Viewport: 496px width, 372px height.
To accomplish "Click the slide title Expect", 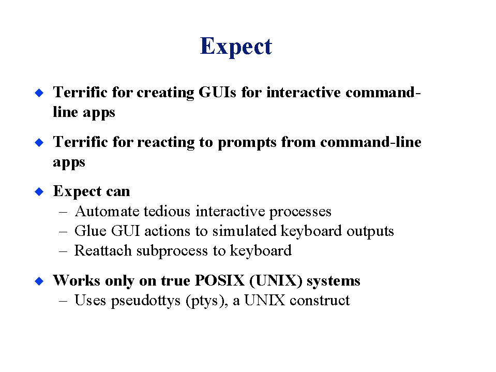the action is click(x=236, y=47).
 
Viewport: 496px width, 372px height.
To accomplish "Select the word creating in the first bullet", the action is click(x=166, y=93).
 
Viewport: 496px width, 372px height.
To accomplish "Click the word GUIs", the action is click(x=217, y=92).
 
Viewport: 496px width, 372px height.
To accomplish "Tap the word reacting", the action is click(x=166, y=142).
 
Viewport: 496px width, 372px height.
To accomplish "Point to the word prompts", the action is click(x=247, y=143).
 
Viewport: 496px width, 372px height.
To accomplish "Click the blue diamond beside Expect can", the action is click(x=39, y=191).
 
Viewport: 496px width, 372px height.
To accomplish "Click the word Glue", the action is click(x=91, y=231).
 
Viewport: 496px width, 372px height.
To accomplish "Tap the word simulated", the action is click(x=244, y=231).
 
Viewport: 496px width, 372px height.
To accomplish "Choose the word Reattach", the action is click(x=103, y=250).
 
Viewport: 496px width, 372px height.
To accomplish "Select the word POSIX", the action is click(x=220, y=280).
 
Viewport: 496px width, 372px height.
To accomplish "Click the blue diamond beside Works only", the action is click(x=39, y=281).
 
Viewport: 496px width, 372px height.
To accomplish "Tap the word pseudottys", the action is click(x=146, y=301).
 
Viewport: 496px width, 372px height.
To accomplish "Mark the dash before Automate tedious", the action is click(x=63, y=212).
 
